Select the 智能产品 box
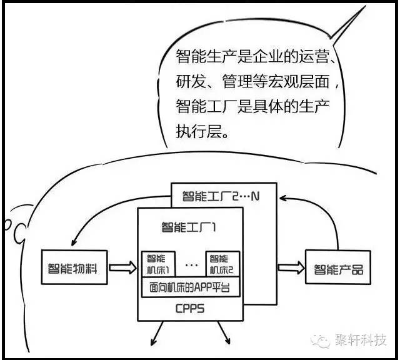click(338, 269)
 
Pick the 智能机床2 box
click(222, 264)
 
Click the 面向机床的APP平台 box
click(190, 289)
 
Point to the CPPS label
click(190, 309)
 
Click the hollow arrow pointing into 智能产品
click(288, 268)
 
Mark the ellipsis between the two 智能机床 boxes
click(191, 265)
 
